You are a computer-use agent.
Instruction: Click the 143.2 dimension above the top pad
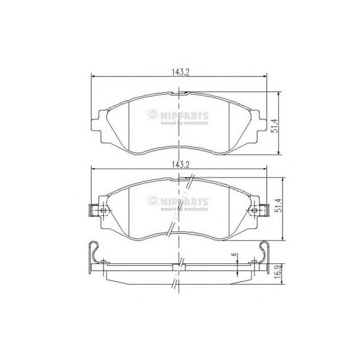[180, 73]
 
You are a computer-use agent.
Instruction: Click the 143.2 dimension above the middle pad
[180, 164]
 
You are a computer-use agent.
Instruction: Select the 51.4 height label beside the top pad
[274, 125]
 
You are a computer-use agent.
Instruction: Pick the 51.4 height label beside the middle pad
[278, 205]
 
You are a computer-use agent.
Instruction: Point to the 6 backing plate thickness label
[234, 254]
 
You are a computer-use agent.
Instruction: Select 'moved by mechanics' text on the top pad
[184, 123]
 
